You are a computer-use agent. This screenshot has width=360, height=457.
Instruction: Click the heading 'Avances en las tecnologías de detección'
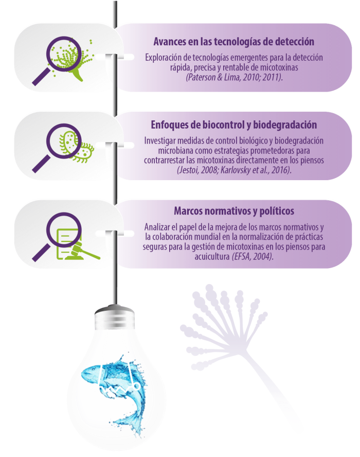point(234,42)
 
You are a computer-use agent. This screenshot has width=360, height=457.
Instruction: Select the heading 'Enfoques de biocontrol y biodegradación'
point(233,125)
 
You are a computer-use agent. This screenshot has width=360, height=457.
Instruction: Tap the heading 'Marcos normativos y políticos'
point(234,211)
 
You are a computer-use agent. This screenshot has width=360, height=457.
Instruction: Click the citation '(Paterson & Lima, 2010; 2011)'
point(234,77)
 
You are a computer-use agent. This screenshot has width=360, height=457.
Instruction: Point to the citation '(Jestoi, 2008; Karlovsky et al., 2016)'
point(234,169)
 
